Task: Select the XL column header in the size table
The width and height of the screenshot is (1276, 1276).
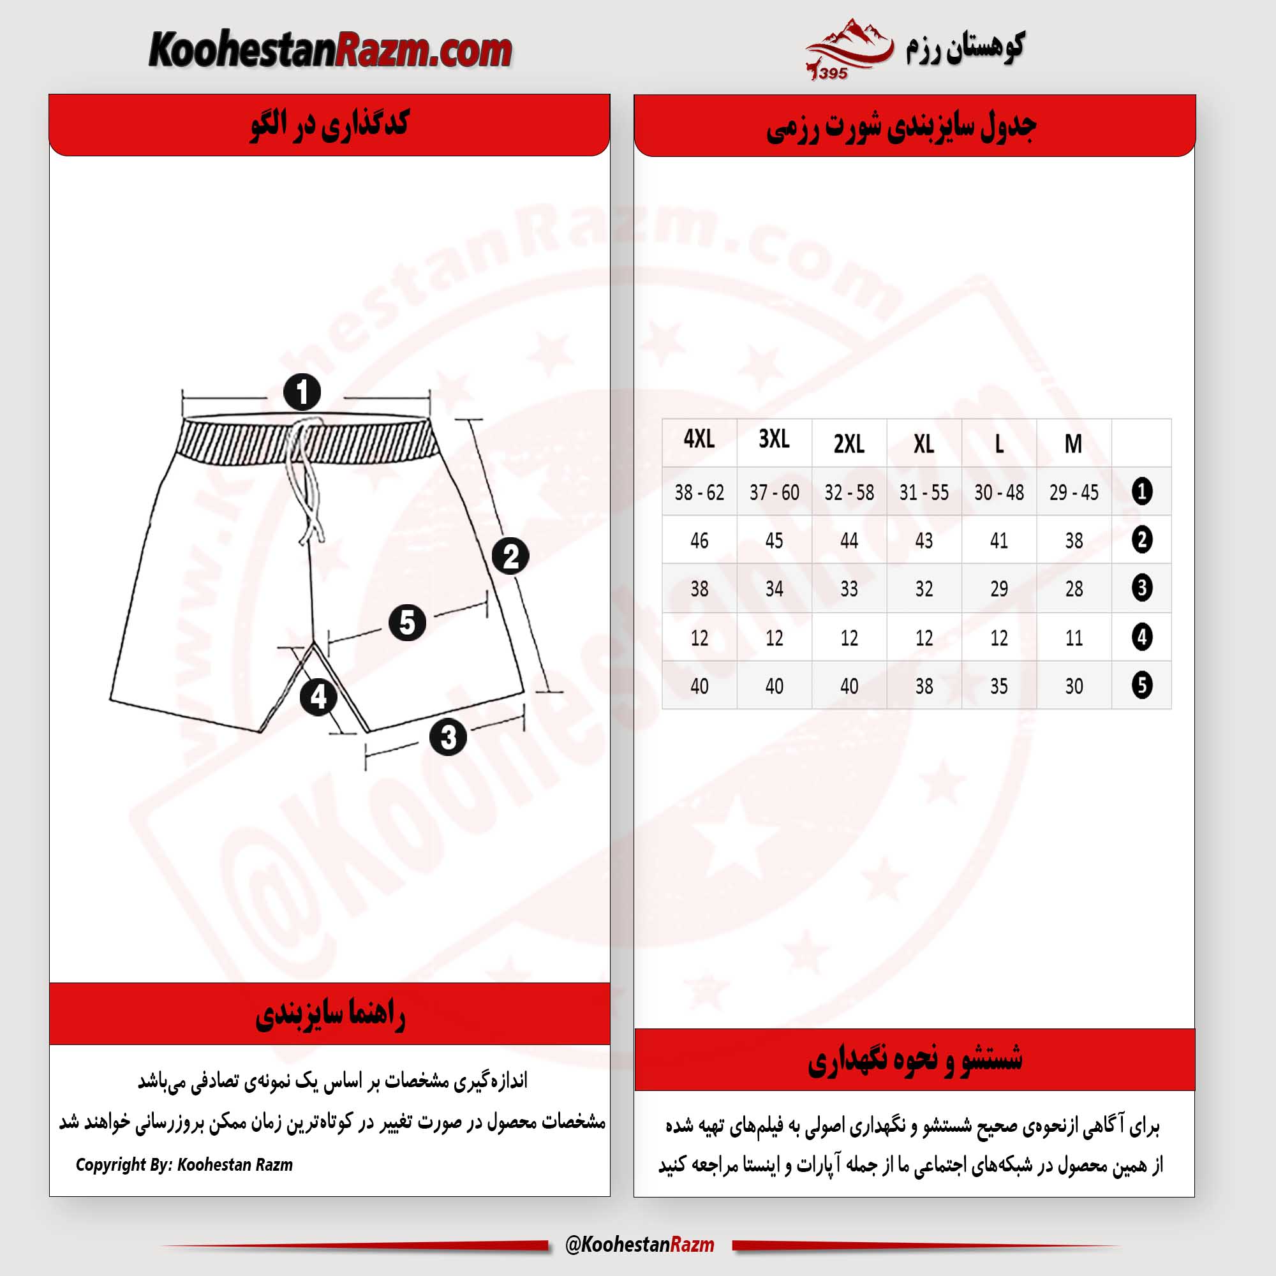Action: coord(923,443)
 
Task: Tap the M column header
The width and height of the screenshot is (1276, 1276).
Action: coord(1073,443)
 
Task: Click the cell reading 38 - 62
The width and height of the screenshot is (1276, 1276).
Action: coord(699,492)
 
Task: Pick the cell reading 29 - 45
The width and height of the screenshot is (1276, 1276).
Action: coord(1073,492)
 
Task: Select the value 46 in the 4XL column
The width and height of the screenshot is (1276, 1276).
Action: coord(699,540)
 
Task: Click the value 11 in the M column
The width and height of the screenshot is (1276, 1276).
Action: coord(1073,637)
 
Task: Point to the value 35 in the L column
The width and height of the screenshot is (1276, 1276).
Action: coord(998,686)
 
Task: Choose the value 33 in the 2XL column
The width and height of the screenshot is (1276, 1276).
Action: coord(849,588)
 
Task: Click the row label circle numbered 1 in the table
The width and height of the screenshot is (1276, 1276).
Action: coord(1142,491)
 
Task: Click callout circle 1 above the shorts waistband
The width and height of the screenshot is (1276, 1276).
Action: coord(302,392)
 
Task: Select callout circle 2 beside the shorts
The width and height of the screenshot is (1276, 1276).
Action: coord(510,556)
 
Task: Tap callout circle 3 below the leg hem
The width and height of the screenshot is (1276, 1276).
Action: coord(449,737)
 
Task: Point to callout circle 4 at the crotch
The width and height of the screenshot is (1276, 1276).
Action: coord(318,697)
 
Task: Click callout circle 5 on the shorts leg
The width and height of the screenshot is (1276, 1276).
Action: coord(407,622)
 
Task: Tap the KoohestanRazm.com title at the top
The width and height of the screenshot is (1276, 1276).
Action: coord(330,50)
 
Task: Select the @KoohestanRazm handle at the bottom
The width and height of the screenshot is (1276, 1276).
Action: coord(639,1245)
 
